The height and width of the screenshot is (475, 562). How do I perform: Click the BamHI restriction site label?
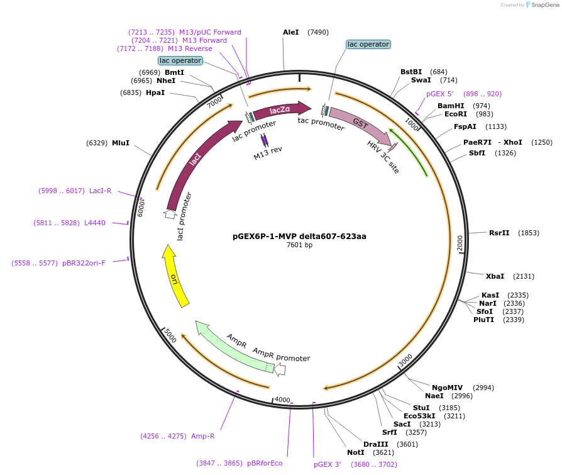click(451, 106)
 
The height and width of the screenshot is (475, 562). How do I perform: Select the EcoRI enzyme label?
click(456, 114)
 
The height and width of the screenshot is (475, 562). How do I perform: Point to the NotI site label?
click(356, 452)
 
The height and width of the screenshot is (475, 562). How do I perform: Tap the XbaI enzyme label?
click(495, 276)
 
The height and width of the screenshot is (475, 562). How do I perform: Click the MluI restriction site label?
click(121, 143)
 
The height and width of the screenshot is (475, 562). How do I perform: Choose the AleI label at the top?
click(291, 32)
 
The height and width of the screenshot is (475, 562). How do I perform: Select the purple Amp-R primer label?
click(203, 435)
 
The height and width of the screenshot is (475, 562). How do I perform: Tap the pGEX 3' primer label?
click(328, 464)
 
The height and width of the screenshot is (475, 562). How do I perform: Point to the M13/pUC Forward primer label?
click(210, 32)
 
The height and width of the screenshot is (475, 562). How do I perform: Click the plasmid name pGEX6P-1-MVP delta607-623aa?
click(299, 237)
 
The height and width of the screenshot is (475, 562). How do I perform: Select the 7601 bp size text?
click(299, 245)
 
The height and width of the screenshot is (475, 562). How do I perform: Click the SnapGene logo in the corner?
click(544, 5)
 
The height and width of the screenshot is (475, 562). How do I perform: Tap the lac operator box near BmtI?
click(180, 61)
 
